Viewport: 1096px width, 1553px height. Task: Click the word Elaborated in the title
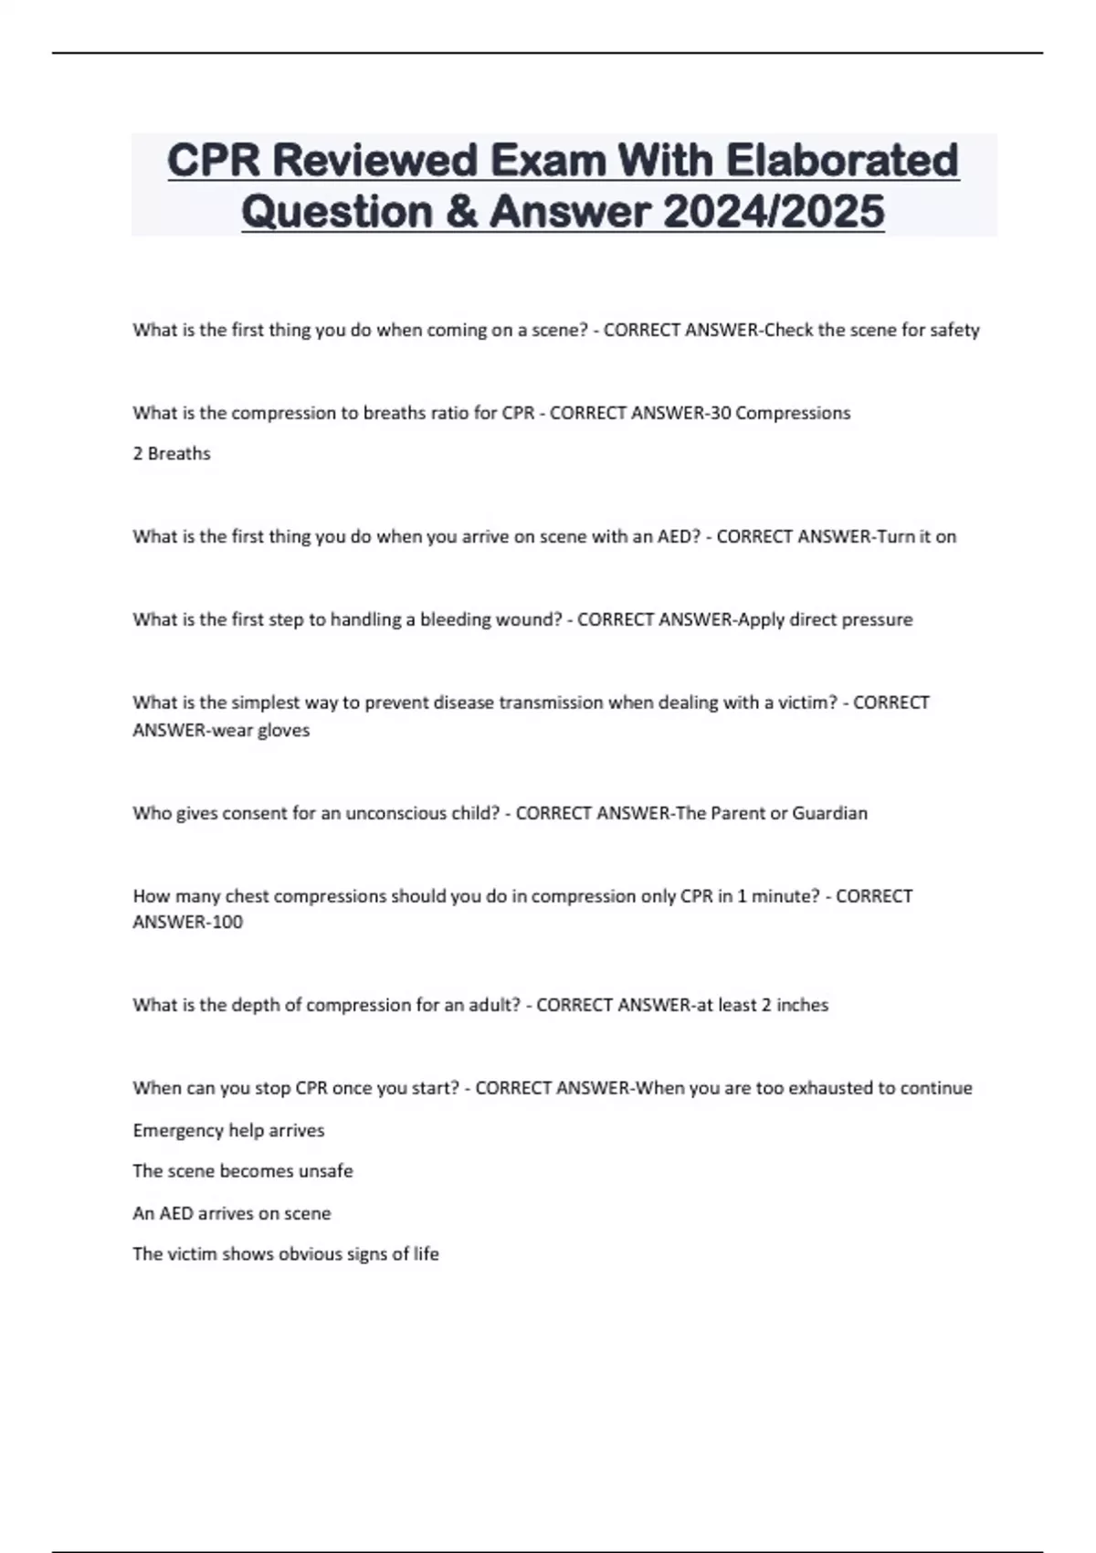[x=842, y=161]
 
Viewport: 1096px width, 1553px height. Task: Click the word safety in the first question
[x=954, y=330]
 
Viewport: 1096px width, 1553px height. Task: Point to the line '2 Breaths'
[x=172, y=453]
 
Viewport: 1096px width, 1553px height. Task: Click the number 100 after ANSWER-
[x=227, y=922]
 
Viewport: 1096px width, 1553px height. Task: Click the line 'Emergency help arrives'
[x=228, y=1130]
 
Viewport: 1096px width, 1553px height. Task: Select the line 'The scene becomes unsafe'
[x=243, y=1170]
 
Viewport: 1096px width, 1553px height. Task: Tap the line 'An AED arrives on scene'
[x=232, y=1213]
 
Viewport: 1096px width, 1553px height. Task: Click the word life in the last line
[x=426, y=1253]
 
